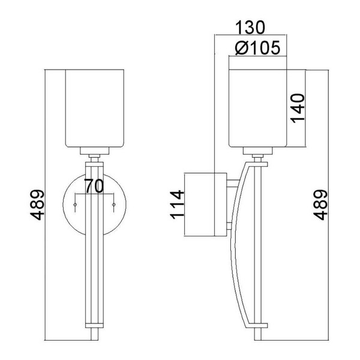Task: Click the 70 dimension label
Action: (x=93, y=186)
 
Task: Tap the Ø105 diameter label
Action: (x=257, y=48)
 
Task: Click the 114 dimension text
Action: (x=178, y=206)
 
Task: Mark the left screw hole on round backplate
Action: (x=74, y=205)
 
